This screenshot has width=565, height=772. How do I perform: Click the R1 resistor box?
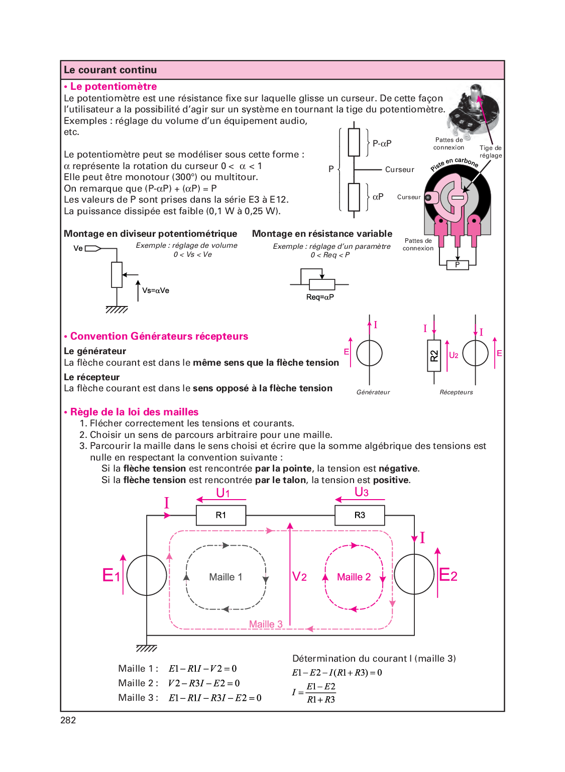point(221,515)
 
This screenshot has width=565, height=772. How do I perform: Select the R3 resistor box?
point(360,515)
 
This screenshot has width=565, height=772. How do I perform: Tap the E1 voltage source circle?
point(147,575)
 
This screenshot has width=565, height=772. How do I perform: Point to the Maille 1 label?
point(225,577)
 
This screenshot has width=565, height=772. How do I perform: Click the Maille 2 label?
point(354,577)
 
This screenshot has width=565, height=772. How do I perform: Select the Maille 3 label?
point(266,624)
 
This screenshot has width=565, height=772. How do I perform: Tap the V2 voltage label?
point(299,577)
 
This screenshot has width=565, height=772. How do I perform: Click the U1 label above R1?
point(223,493)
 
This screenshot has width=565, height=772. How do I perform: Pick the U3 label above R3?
point(362,492)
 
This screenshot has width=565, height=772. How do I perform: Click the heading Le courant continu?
point(110,70)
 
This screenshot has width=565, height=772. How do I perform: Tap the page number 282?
point(68,720)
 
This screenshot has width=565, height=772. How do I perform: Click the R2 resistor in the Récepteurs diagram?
point(434,356)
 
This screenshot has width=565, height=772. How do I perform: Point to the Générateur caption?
point(373,392)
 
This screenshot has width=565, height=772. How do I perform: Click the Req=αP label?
point(320,297)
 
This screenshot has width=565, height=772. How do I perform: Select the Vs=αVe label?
point(156,290)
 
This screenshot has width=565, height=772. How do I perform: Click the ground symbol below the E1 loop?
point(147,648)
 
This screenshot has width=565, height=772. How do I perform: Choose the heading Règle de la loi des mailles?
point(134,412)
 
